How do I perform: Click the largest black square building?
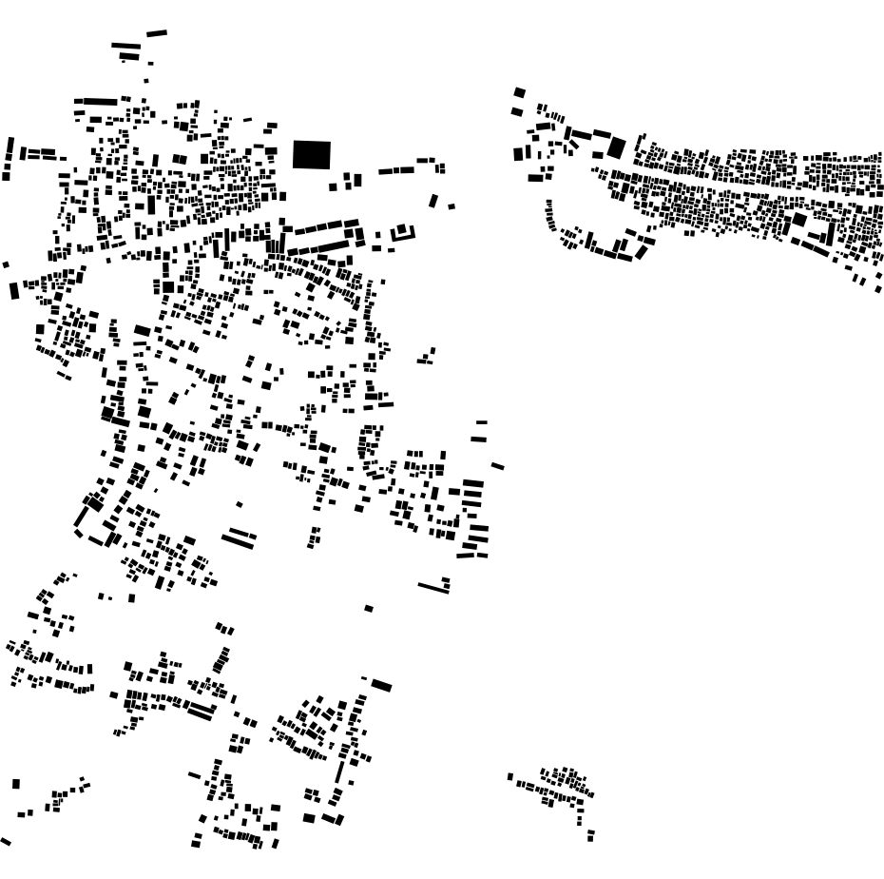coord(311,154)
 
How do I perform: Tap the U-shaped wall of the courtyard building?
coord(403,236)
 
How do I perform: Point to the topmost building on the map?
coord(157,33)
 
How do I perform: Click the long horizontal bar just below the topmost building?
coord(125,46)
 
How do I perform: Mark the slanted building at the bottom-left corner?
coord(5,841)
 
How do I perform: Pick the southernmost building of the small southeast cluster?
coord(590,838)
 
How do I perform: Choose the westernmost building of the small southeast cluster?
coord(510,776)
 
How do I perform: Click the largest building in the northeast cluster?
coord(616,147)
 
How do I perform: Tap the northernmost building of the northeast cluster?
coord(519,92)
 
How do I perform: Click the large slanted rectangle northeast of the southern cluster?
coord(381,685)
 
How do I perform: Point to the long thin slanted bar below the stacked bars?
coord(433,587)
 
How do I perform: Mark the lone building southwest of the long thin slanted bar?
coord(369,609)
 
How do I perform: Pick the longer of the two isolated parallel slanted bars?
coord(239,541)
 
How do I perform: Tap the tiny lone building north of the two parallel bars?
coord(239,504)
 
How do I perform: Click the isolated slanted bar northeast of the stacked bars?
coord(497,466)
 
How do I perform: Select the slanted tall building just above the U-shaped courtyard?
coord(433,201)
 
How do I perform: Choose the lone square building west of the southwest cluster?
coord(16,784)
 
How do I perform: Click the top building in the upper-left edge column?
coord(10,145)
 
